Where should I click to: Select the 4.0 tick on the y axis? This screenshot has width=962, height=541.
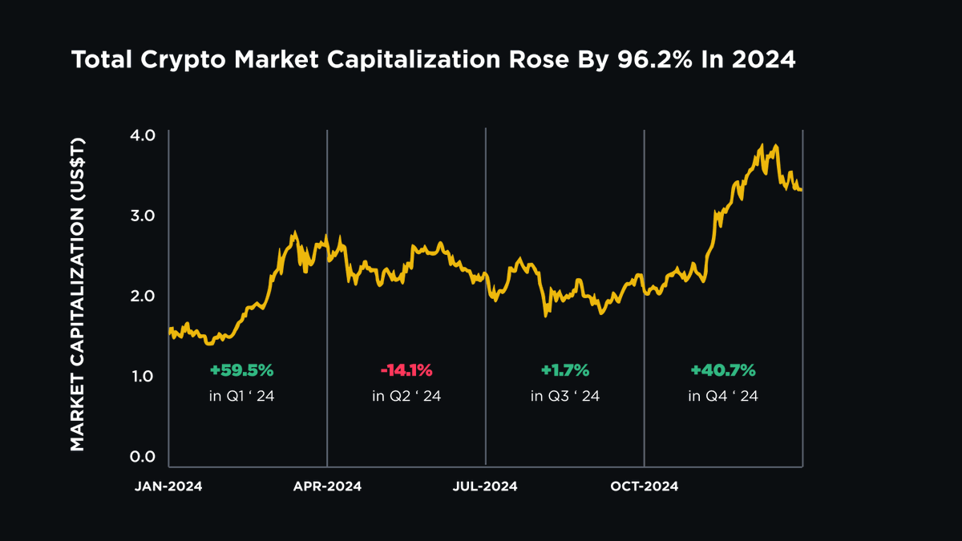click(144, 135)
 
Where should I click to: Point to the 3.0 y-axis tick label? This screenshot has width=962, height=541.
click(144, 216)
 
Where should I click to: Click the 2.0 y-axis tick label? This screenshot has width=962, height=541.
click(144, 296)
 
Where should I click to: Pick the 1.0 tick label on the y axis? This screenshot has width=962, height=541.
click(144, 376)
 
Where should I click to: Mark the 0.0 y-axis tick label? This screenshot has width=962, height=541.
click(144, 457)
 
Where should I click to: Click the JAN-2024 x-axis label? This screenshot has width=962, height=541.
click(168, 486)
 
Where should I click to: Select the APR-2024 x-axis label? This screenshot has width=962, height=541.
click(327, 486)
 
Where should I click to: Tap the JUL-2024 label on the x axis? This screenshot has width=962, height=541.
click(486, 486)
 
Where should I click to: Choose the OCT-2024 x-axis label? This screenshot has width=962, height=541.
click(644, 486)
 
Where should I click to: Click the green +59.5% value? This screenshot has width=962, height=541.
click(241, 370)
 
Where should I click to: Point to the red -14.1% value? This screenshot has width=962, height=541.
click(406, 370)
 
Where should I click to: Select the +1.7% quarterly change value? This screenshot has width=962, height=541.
click(564, 370)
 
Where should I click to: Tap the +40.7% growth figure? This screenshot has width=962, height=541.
click(723, 370)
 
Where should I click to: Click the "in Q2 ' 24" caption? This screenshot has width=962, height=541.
click(406, 396)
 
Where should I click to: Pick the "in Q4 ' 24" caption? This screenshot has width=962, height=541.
click(723, 396)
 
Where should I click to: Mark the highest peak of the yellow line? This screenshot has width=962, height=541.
click(761, 147)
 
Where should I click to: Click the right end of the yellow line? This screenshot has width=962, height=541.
click(801, 190)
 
